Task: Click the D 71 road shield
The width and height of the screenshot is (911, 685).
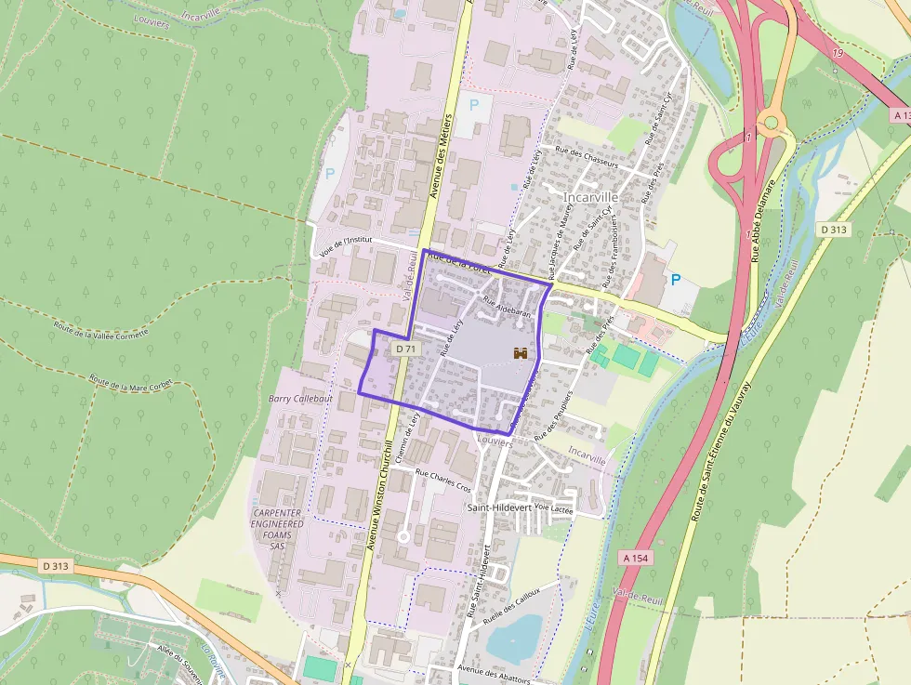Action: coord(404,349)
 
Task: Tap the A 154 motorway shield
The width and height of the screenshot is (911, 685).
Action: coord(635,558)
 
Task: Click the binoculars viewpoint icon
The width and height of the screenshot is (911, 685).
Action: coord(522,353)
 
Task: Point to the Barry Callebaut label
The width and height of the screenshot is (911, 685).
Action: coord(298,398)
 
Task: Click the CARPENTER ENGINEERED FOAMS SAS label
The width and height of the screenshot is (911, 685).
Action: coord(277,530)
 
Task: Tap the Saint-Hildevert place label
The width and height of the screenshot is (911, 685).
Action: coord(498,507)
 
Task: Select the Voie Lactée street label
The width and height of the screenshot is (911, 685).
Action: coord(555,509)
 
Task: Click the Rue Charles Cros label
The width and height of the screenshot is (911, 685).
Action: coord(443,481)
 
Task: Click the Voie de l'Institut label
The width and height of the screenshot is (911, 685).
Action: coord(351,244)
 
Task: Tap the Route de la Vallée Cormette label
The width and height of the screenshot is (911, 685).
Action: coord(100,328)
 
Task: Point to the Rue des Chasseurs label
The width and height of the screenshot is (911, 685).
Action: coord(586,155)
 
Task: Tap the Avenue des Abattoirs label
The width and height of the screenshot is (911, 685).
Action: coord(495,674)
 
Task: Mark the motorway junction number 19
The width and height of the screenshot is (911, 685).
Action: coord(838,53)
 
